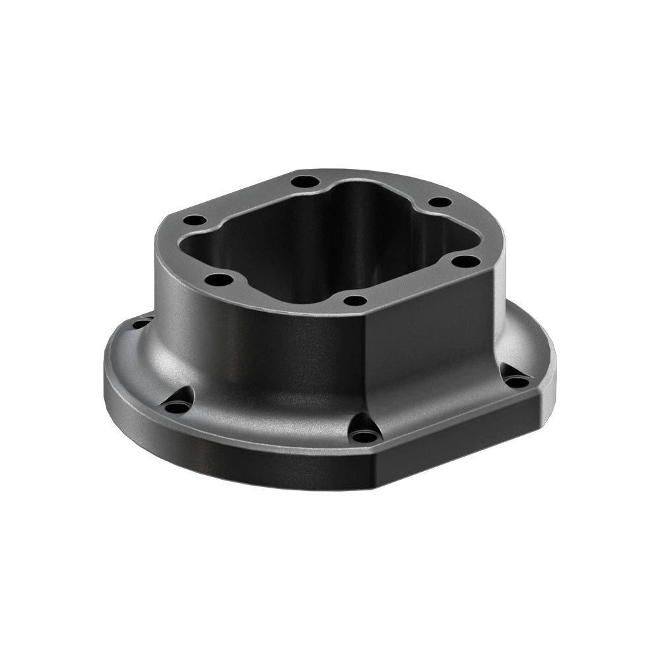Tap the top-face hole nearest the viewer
coord(355,301)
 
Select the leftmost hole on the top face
coord(193,221)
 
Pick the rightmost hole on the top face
coord(465,261)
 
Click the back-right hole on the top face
coord(440,202)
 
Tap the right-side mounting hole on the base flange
coord(517,381)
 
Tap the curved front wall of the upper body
coord(264,343)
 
